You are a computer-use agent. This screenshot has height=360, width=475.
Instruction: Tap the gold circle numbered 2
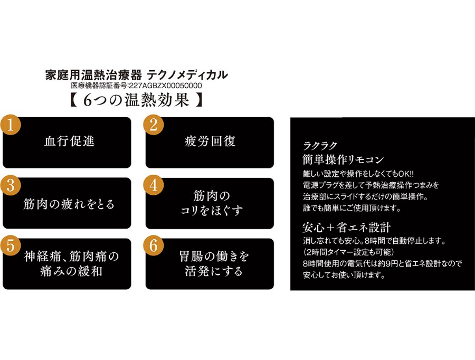[x=154, y=125]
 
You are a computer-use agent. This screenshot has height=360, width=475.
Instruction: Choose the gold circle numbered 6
[x=154, y=246]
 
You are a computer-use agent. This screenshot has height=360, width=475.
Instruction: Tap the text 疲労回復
[x=210, y=141]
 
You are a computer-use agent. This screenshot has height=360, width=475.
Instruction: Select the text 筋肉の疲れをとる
[x=69, y=204]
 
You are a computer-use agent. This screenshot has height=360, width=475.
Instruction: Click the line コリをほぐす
[x=210, y=211]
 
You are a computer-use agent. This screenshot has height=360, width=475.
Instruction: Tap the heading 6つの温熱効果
[x=137, y=100]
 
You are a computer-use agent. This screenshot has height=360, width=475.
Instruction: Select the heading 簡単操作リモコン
[x=343, y=159]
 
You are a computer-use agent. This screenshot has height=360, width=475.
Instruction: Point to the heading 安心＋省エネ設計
[x=346, y=228]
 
